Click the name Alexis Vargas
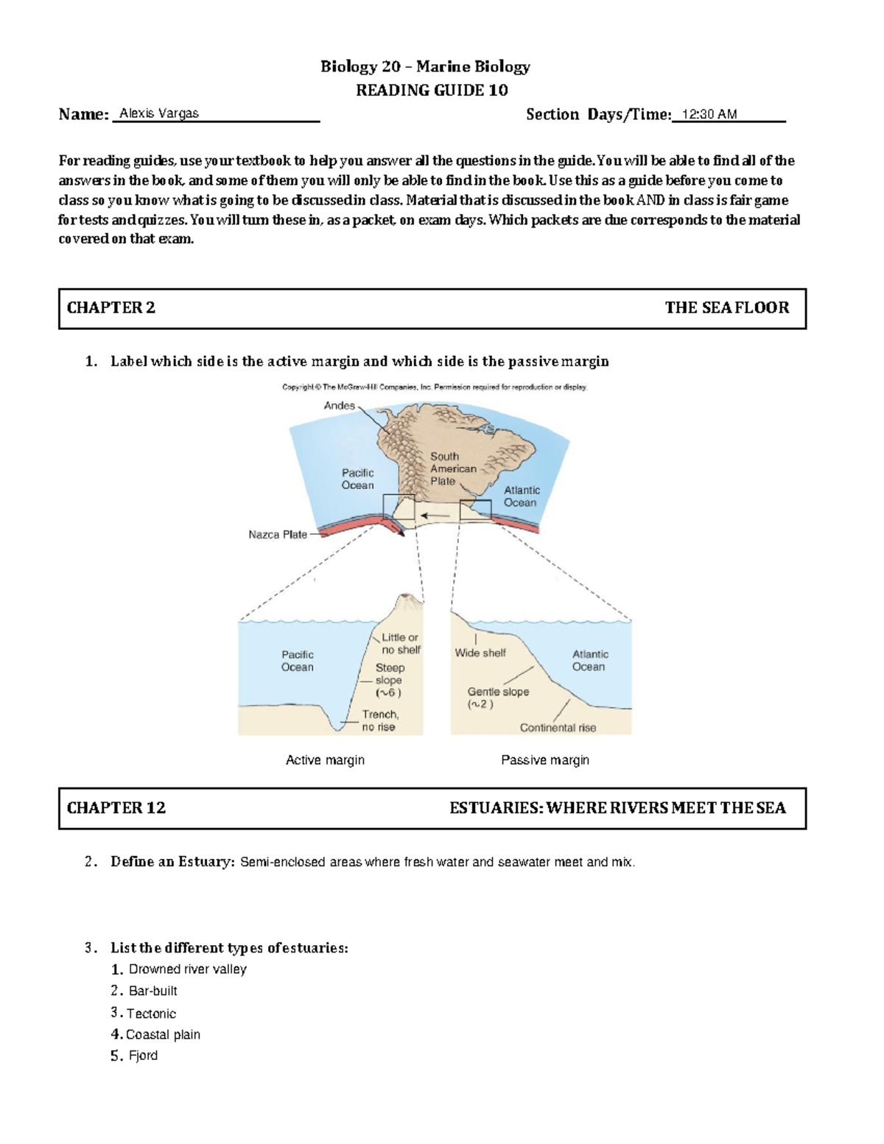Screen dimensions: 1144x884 [159, 113]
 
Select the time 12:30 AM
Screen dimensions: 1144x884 [709, 114]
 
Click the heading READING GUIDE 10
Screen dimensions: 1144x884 [432, 90]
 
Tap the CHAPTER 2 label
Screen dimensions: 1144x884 [111, 308]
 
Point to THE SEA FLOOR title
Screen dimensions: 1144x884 [726, 308]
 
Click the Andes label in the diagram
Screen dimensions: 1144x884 [340, 406]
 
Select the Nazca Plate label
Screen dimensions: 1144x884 [278, 535]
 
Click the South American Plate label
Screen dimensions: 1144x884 [452, 469]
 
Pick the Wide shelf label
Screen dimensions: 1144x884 [480, 653]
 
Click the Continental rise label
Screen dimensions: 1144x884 [558, 728]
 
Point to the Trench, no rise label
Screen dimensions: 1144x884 [380, 720]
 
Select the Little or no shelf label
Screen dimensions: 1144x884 [401, 644]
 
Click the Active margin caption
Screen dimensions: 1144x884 [325, 760]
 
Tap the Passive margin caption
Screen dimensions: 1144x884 [545, 760]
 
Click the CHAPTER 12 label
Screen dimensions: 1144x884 [116, 808]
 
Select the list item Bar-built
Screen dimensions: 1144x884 [153, 991]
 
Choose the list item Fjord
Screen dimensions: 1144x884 [143, 1056]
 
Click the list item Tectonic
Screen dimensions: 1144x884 [151, 1014]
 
